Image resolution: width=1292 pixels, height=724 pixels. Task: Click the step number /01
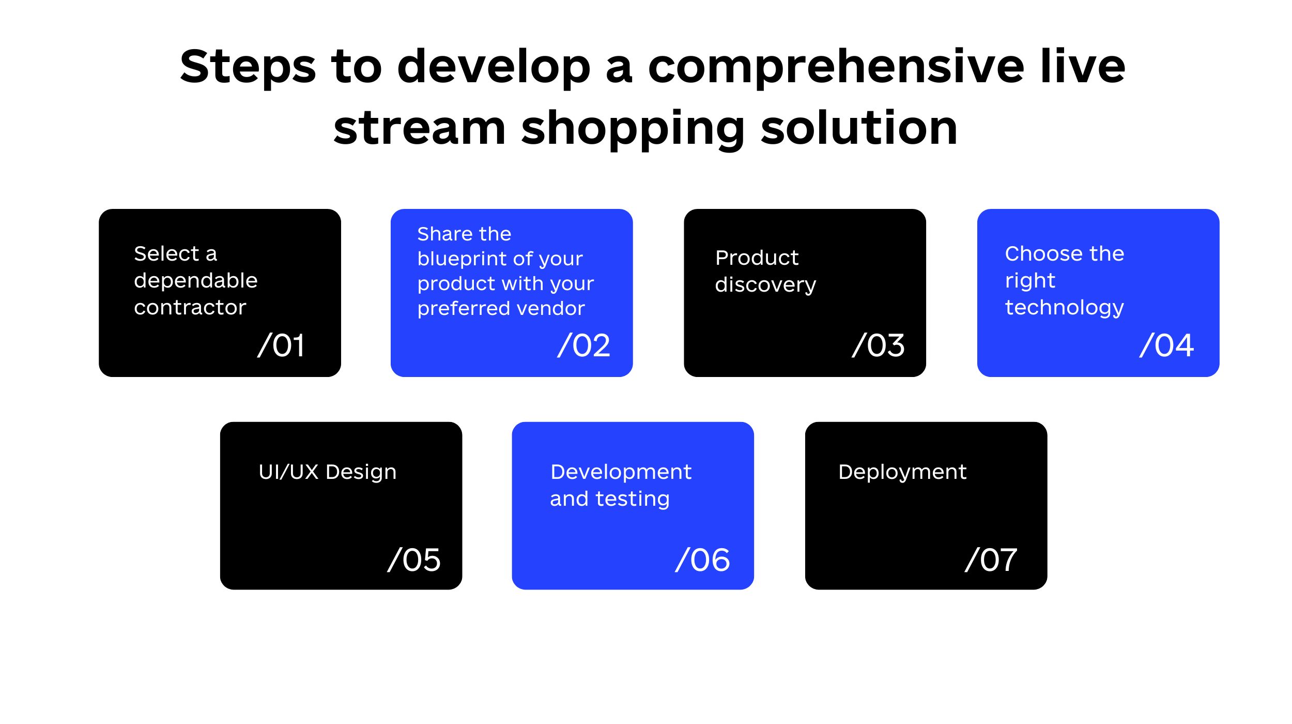[281, 345]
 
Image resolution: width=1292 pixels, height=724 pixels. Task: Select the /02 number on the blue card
[584, 345]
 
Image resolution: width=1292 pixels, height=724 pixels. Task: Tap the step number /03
[879, 345]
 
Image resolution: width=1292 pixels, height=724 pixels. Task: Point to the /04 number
[1167, 345]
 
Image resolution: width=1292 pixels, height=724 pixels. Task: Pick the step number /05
[414, 560]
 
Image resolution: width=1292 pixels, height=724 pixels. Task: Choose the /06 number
[703, 560]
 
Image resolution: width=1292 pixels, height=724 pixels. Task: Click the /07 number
[991, 560]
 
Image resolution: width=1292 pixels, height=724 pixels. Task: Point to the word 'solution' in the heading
[859, 127]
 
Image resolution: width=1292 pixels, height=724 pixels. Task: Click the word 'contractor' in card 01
[190, 308]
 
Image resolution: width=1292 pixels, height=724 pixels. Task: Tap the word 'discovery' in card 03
[765, 285]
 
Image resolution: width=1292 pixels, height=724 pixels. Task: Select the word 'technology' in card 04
[1064, 308]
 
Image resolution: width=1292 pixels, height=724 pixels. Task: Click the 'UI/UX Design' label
[328, 472]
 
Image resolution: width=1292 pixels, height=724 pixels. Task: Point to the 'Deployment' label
[902, 472]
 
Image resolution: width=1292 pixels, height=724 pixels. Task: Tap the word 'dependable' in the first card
[196, 280]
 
